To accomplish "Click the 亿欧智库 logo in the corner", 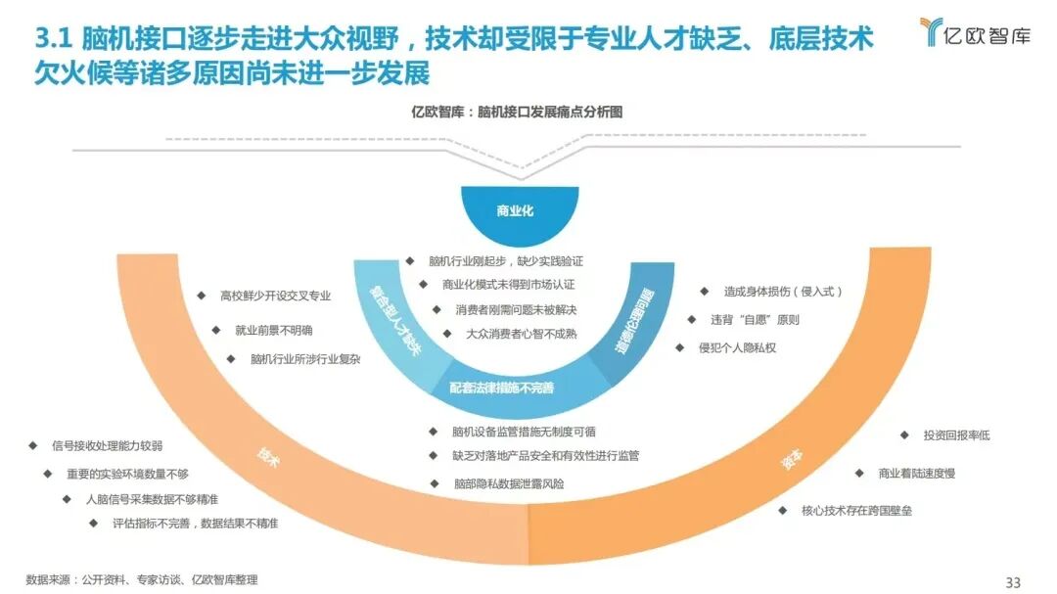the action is coord(973,33).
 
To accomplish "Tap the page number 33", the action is coord(1013,582).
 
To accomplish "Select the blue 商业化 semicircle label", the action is coord(514,210).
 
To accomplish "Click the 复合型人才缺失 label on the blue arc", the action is coord(393,321).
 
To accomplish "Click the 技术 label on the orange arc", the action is coord(267,457).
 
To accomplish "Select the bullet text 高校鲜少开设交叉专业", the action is coord(275,295).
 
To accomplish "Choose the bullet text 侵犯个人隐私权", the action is coord(737,347).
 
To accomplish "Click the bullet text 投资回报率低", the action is coord(956,435).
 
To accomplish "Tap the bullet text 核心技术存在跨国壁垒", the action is coord(856,510).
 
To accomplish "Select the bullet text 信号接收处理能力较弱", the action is coord(108,445).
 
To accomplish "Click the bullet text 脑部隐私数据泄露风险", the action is coord(508,483).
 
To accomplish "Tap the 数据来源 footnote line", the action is coord(142,580).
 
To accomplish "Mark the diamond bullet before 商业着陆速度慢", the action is coord(858,473).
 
